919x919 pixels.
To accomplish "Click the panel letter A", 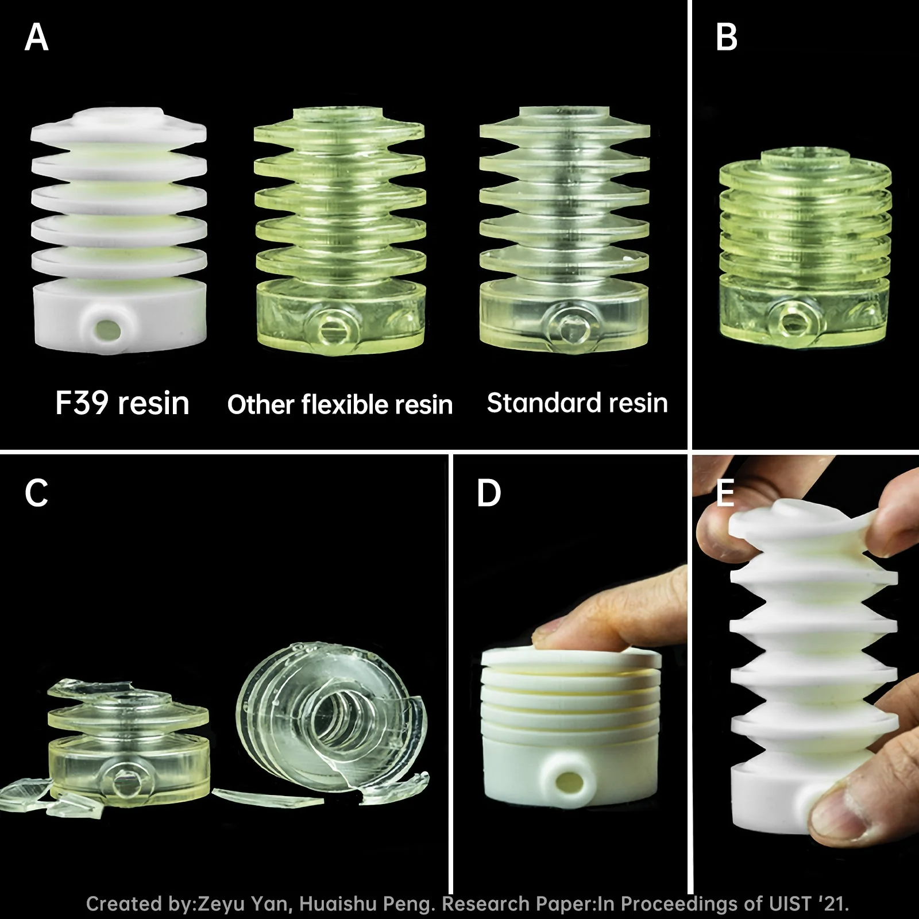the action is [37, 37].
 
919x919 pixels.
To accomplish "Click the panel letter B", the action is [727, 37].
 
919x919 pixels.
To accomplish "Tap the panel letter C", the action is [37, 493].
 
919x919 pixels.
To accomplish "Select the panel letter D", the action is [489, 493].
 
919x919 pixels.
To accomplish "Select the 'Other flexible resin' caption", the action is [340, 404].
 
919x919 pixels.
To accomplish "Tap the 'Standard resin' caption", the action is [577, 403].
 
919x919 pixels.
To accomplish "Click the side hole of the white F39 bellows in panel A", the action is [106, 329].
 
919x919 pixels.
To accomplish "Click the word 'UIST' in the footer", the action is [790, 903].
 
